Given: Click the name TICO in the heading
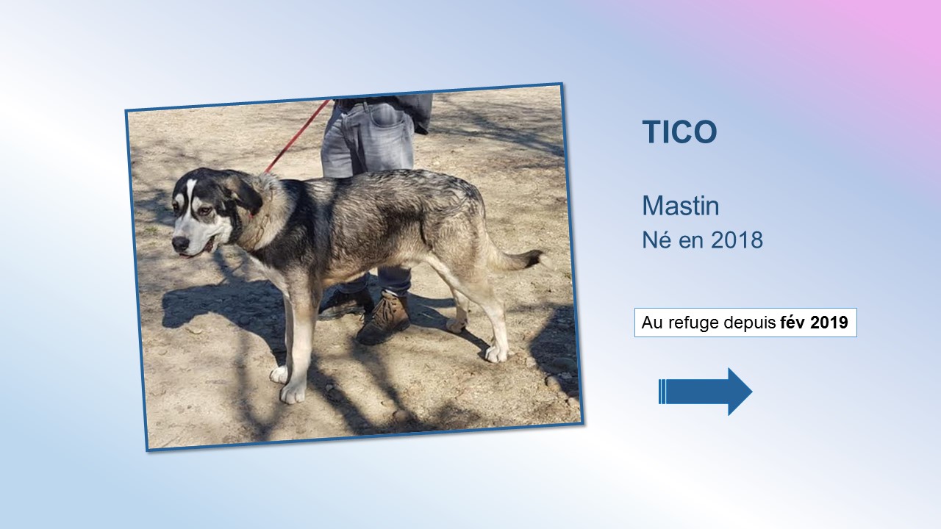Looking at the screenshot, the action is (x=679, y=132).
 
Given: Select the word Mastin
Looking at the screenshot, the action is (x=681, y=206).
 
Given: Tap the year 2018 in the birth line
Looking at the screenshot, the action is (x=737, y=240).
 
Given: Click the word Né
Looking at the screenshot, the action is (x=656, y=240).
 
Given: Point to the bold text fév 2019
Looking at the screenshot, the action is (x=814, y=323).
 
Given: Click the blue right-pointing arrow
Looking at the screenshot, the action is (x=705, y=392).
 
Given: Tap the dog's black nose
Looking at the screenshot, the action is (x=180, y=243).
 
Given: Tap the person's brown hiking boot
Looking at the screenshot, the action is (x=384, y=319).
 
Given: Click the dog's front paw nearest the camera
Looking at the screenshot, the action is (x=293, y=393).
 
